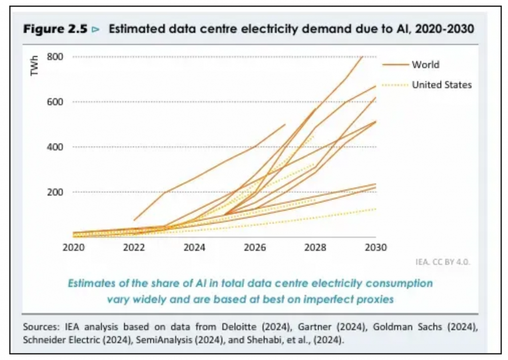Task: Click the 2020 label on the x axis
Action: click(x=74, y=248)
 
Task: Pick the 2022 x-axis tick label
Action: click(x=134, y=248)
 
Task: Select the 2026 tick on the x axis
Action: click(x=255, y=248)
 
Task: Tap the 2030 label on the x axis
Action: click(x=375, y=248)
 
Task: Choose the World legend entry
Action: click(x=425, y=65)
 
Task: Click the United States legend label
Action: click(x=441, y=85)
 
